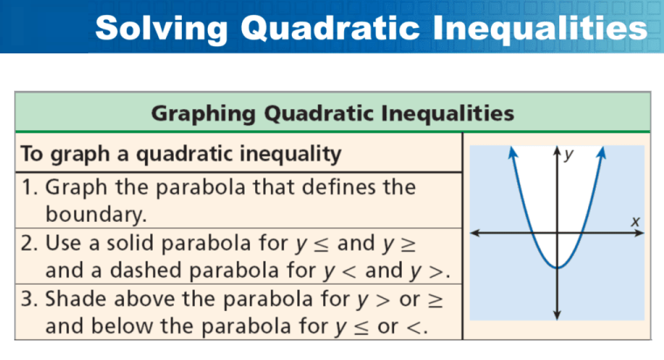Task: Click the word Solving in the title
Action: point(162,29)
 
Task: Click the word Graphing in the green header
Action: point(204,114)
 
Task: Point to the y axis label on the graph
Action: point(569,155)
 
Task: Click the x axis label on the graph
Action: point(635,222)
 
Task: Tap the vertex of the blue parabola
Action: point(557,267)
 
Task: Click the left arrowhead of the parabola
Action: point(513,152)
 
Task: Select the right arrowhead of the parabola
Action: point(602,152)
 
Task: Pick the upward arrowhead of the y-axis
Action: point(557,150)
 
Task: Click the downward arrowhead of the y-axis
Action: point(557,315)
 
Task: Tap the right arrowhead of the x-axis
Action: point(639,232)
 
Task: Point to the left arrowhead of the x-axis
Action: point(475,232)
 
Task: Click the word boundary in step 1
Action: point(96,214)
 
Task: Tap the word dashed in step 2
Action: point(146,270)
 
